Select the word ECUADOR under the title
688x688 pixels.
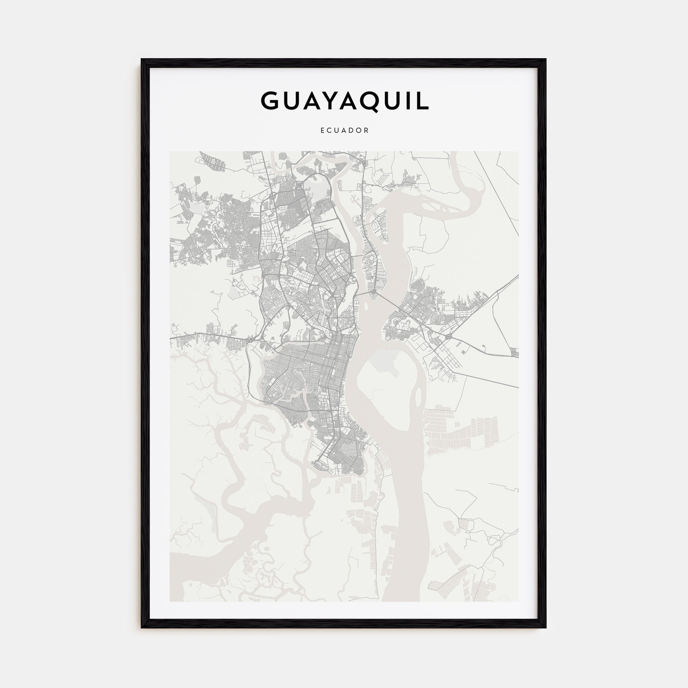[344, 131]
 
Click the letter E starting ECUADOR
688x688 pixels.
[322, 131]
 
